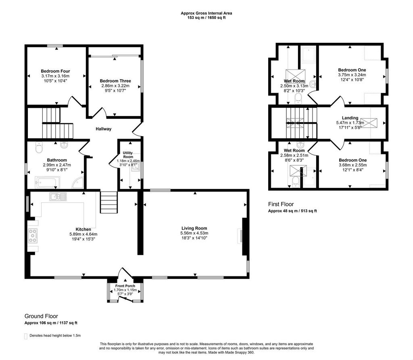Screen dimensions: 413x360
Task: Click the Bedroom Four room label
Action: [x=55, y=71]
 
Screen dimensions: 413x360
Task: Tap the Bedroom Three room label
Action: [x=115, y=81]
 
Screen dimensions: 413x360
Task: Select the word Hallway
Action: [x=104, y=129]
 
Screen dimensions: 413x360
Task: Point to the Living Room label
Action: [x=194, y=228]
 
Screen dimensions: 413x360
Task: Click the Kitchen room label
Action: [x=83, y=229]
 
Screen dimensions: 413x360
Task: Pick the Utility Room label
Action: [x=128, y=155]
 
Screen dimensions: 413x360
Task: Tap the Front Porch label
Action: [x=125, y=286]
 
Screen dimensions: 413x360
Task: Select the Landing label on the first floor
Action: [x=350, y=118]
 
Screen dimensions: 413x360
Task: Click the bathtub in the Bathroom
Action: [x=48, y=183]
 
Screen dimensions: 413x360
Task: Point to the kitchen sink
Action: [x=58, y=196]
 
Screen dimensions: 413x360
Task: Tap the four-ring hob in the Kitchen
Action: [x=33, y=236]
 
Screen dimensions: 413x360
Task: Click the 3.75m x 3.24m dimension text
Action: [x=352, y=75]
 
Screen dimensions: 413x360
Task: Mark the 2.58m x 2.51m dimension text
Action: [x=294, y=155]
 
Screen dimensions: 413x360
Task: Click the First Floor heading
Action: [x=281, y=204]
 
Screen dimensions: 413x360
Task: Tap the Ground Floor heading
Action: [x=41, y=316]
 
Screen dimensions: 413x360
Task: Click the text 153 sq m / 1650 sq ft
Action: [x=206, y=18]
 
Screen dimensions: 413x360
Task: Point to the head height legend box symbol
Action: [x=26, y=336]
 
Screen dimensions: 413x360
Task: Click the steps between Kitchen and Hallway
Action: [x=108, y=202]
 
